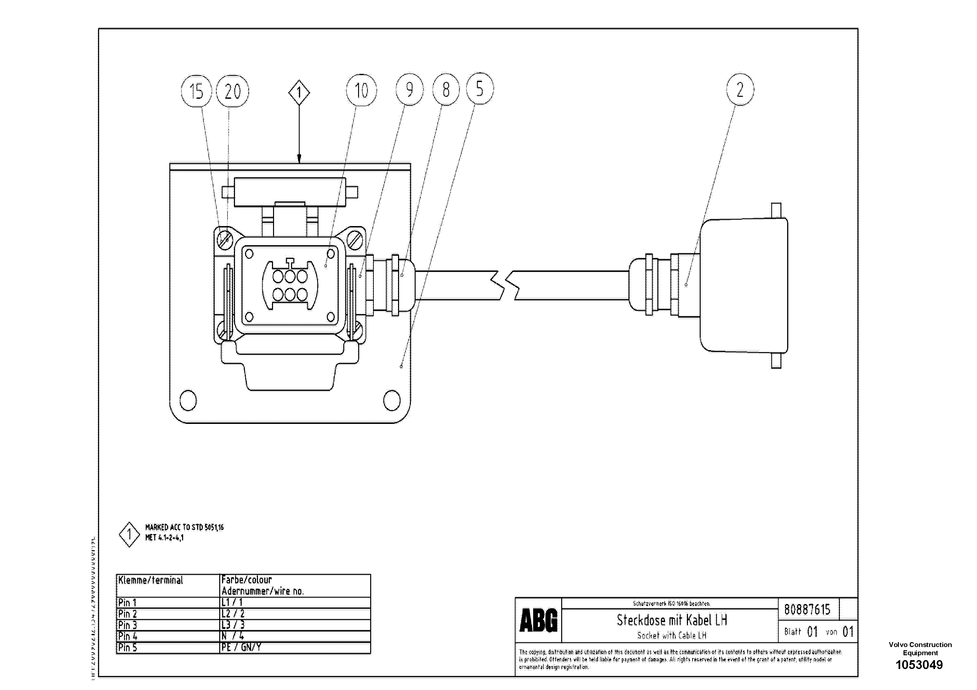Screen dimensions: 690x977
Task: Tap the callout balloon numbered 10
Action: coord(361,90)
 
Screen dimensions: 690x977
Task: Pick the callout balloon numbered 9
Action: coord(409,89)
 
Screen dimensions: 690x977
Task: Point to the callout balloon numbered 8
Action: coord(446,89)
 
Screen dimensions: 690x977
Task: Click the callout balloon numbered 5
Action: coord(479,89)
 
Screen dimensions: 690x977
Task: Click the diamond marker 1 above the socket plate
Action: coord(299,92)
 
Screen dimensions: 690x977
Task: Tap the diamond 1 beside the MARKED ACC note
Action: coord(129,535)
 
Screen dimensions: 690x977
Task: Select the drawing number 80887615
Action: coord(807,610)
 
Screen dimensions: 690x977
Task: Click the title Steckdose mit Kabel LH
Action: coord(672,620)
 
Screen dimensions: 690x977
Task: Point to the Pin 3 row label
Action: coord(128,625)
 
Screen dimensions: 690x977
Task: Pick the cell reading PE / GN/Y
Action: coord(241,647)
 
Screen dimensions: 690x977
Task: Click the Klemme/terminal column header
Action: coord(151,580)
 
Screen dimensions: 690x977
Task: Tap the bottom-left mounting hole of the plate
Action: coord(188,400)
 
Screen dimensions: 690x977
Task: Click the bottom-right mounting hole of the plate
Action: coord(392,400)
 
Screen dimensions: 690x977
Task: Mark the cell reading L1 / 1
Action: coord(232,602)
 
